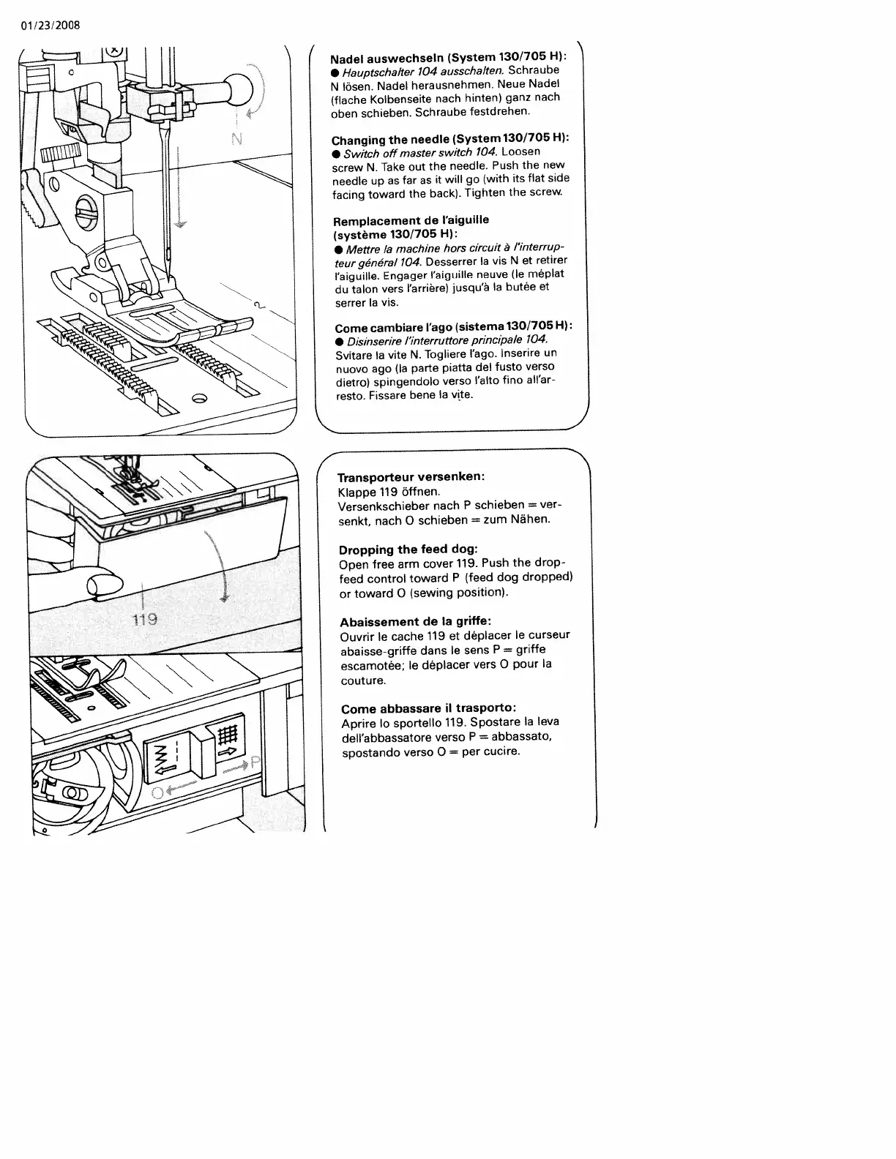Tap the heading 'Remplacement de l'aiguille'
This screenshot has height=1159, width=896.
click(x=411, y=220)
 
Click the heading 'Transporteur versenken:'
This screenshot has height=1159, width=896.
click(x=411, y=476)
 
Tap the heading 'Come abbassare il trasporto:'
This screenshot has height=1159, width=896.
click(x=429, y=708)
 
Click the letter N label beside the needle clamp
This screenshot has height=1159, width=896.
click(x=236, y=138)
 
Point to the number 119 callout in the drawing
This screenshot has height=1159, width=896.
click(x=145, y=619)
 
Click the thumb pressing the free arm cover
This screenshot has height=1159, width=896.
click(x=103, y=585)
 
